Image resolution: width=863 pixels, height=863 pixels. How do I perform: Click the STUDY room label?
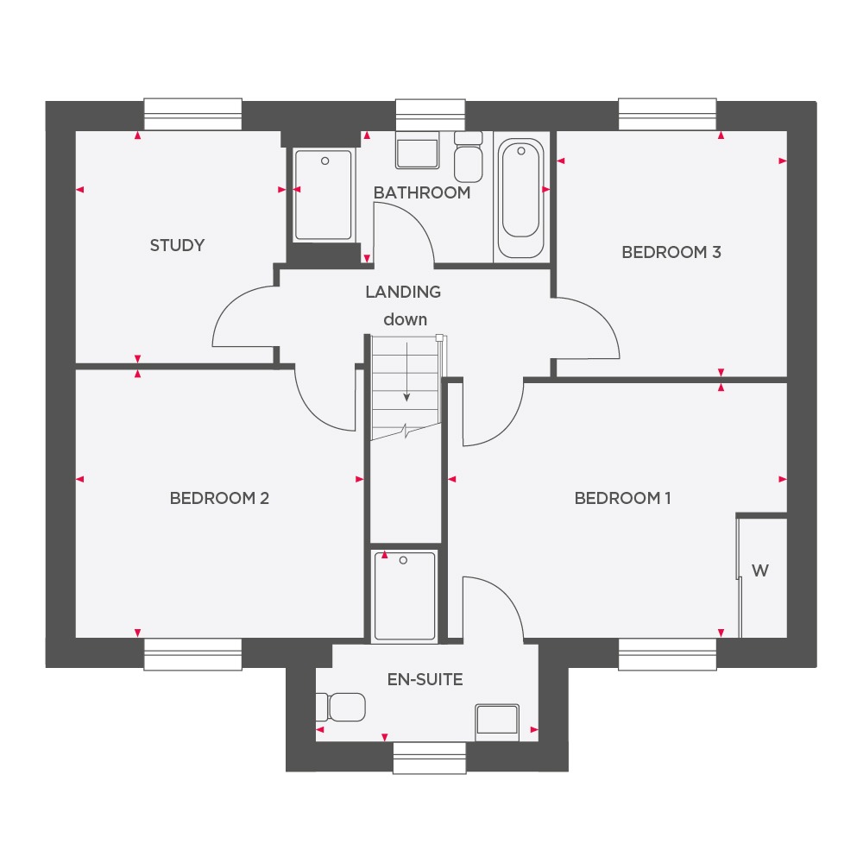pyautogui.click(x=177, y=245)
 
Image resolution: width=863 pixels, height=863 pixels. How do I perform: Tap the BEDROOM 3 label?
pyautogui.click(x=671, y=252)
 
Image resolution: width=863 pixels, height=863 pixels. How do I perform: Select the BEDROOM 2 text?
pyautogui.click(x=219, y=498)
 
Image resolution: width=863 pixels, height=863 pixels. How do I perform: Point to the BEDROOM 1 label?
pyautogui.click(x=622, y=498)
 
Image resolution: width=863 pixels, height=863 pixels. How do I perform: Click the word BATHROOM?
pyautogui.click(x=422, y=192)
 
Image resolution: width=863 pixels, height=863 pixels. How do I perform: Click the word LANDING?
pyautogui.click(x=403, y=292)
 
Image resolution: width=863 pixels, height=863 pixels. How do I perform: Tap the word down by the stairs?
pyautogui.click(x=405, y=319)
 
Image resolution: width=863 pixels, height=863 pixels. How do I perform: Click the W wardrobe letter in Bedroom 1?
pyautogui.click(x=760, y=570)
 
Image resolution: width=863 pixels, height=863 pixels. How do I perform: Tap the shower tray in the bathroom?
pyautogui.click(x=324, y=195)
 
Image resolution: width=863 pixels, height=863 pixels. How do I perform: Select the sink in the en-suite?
pyautogui.click(x=496, y=721)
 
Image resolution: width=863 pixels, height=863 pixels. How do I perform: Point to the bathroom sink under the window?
pyautogui.click(x=418, y=151)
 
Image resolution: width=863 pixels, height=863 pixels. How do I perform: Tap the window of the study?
pyautogui.click(x=192, y=114)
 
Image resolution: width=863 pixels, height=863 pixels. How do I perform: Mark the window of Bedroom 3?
pyautogui.click(x=668, y=114)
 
